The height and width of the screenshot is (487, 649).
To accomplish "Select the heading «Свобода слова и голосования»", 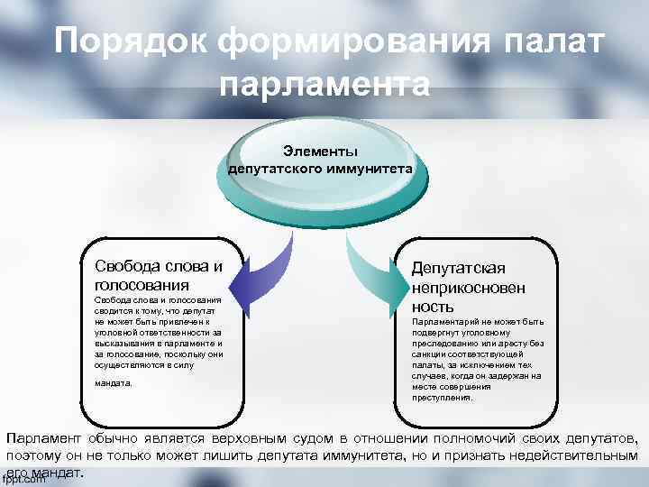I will click(x=158, y=274).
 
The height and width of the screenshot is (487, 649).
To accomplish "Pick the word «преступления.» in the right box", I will click(x=442, y=398).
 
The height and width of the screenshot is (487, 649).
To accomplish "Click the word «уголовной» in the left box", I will click(x=113, y=332).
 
